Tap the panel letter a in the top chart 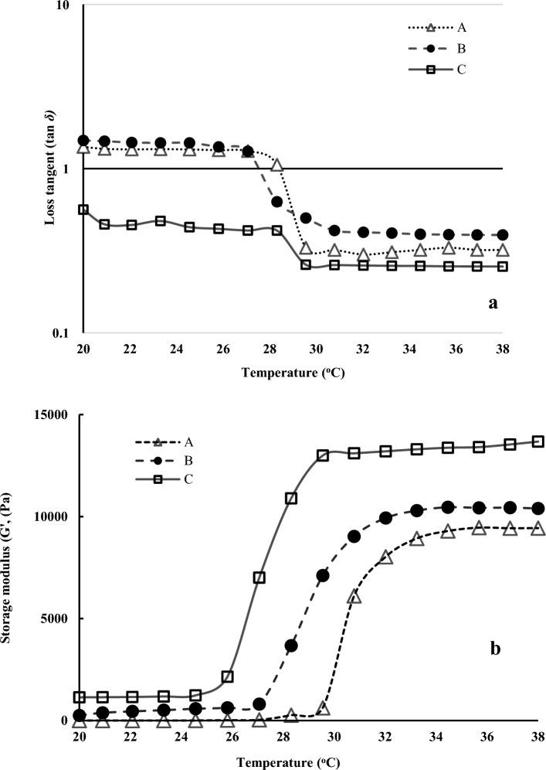click(x=492, y=303)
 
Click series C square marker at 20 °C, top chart click(x=83, y=210)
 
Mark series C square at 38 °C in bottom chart click(x=538, y=441)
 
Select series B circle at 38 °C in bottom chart click(x=538, y=508)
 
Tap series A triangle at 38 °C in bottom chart click(x=538, y=529)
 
